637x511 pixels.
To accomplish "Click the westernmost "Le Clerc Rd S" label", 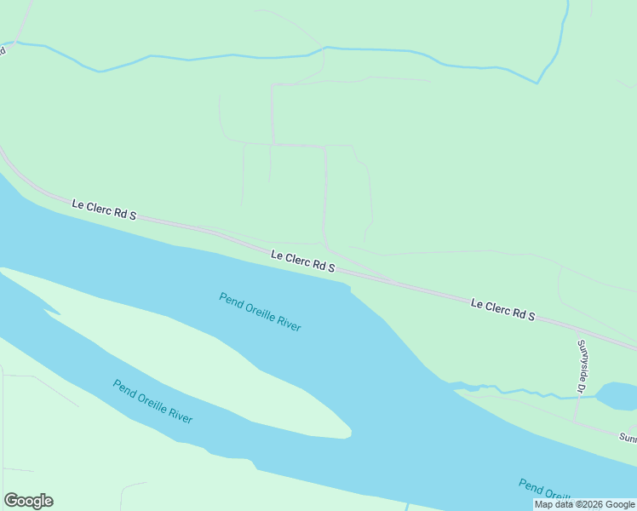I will pyautogui.click(x=104, y=210).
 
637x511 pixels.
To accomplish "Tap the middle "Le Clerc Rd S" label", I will pyautogui.click(x=303, y=261).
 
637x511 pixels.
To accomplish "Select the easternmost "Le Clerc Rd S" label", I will pyautogui.click(x=502, y=309).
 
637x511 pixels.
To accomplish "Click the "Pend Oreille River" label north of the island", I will pyautogui.click(x=260, y=312).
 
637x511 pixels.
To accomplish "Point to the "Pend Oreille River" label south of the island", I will pyautogui.click(x=152, y=401).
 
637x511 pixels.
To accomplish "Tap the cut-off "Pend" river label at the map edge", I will pyautogui.click(x=545, y=490).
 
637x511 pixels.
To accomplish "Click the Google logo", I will pyautogui.click(x=28, y=501).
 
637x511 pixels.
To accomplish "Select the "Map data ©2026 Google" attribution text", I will pyautogui.click(x=584, y=504).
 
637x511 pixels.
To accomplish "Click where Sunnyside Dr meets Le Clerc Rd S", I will pyautogui.click(x=578, y=329).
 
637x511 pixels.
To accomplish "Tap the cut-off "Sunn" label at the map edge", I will pyautogui.click(x=628, y=438).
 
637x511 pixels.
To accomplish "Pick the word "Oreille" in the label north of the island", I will pyautogui.click(x=262, y=313).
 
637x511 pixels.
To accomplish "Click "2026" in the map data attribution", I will pyautogui.click(x=596, y=504).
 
